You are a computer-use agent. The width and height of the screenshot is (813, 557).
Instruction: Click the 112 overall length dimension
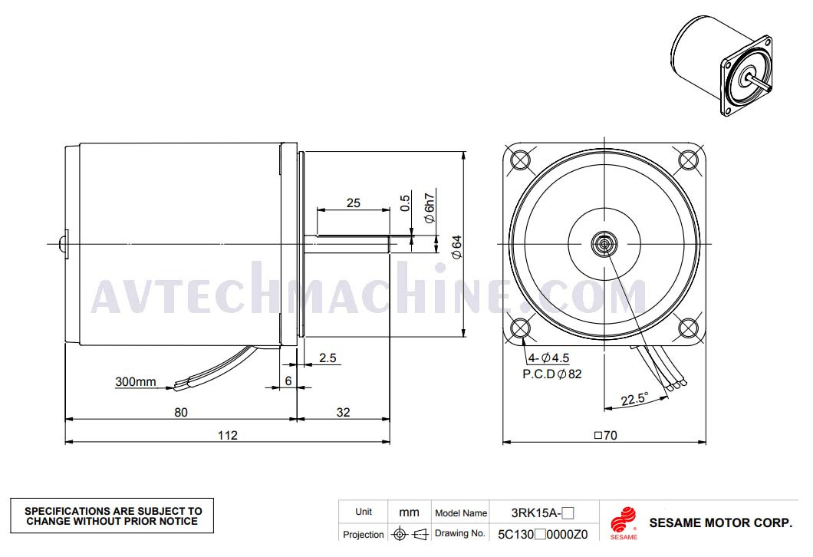tap(228, 435)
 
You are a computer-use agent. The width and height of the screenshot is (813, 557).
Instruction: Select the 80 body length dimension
tap(181, 412)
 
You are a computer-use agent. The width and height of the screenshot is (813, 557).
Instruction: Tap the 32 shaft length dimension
tap(344, 412)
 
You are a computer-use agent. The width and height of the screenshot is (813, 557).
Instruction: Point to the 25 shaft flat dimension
tap(353, 203)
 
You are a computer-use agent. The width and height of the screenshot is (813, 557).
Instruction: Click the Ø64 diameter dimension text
tap(456, 247)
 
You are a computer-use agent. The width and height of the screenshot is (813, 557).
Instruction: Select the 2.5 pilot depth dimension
tap(328, 358)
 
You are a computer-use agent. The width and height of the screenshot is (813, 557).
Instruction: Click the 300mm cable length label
tap(135, 382)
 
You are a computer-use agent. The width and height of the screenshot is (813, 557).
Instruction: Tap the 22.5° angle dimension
tap(634, 399)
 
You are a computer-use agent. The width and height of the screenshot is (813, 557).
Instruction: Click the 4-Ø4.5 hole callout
tap(548, 358)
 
